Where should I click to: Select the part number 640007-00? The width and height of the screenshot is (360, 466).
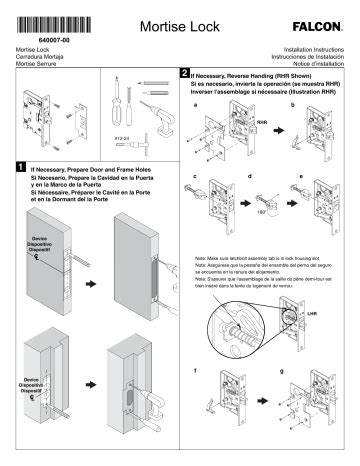53,38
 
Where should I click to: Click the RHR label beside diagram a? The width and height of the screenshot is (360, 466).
262,122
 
